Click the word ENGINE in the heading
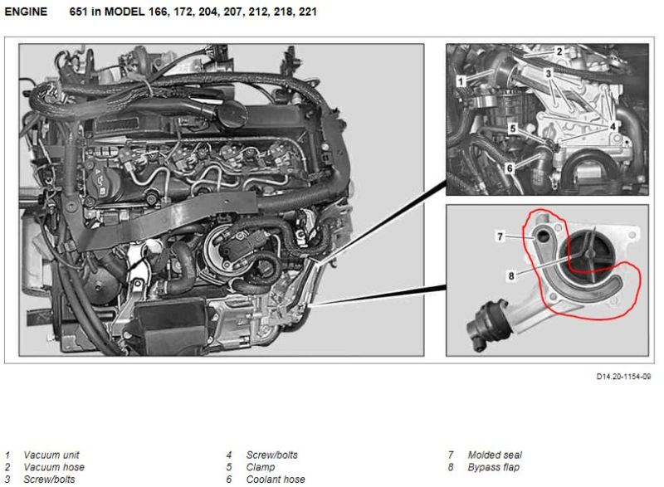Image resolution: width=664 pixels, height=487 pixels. [x=26, y=12]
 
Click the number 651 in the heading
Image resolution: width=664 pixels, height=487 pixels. [x=78, y=12]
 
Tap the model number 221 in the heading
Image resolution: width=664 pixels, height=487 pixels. [x=307, y=12]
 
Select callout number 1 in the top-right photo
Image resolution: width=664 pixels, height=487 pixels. [x=461, y=80]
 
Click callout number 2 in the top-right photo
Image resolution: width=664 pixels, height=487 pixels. [x=559, y=51]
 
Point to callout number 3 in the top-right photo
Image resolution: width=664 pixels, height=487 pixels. [x=549, y=74]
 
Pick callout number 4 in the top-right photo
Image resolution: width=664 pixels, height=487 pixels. [x=613, y=126]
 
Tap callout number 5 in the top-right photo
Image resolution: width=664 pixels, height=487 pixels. [x=513, y=129]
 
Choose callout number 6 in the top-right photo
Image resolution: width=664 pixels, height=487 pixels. [x=510, y=168]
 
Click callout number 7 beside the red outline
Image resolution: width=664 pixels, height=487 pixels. [x=500, y=236]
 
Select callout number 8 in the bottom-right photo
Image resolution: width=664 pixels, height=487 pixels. [x=511, y=276]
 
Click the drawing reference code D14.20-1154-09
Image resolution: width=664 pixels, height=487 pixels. [x=623, y=376]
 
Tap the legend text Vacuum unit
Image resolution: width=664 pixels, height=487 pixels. [x=51, y=455]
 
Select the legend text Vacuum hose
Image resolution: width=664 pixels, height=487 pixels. [x=54, y=467]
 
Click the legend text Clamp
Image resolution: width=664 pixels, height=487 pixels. [x=261, y=467]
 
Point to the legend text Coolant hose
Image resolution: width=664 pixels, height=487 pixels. [x=276, y=480]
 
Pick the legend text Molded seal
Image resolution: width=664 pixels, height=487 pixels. [x=495, y=455]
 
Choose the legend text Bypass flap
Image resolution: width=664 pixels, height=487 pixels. [x=494, y=467]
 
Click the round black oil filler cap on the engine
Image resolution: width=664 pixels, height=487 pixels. [x=232, y=114]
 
